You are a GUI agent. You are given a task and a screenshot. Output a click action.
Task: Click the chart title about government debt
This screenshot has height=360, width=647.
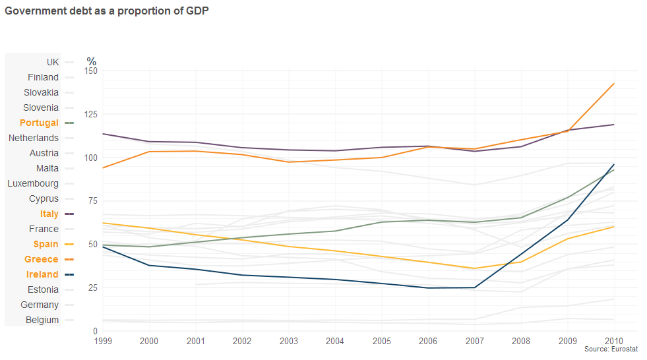click(x=107, y=12)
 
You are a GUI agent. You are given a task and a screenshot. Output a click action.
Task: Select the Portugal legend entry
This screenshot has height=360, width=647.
click(x=39, y=123)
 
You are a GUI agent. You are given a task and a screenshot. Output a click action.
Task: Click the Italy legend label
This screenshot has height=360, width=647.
click(x=49, y=214)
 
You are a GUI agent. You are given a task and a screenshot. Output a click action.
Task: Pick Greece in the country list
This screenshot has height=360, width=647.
click(x=42, y=259)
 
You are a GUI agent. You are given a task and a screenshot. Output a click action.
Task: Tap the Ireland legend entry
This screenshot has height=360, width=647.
click(x=42, y=274)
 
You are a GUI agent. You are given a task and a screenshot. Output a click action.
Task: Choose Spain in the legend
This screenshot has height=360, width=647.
click(x=46, y=244)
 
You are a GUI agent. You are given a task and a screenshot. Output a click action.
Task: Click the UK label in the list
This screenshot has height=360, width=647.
click(x=53, y=62)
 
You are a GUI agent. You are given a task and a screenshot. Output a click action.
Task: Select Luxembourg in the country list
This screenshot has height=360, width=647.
click(x=33, y=183)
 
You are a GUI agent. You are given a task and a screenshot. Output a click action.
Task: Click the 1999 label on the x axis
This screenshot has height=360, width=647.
click(x=103, y=341)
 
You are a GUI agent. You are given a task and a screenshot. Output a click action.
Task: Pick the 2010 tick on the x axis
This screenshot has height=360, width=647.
click(x=614, y=341)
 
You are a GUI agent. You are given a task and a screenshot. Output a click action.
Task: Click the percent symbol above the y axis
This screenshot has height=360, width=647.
click(x=92, y=61)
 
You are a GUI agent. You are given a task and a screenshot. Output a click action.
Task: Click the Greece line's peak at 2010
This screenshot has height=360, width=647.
click(x=614, y=84)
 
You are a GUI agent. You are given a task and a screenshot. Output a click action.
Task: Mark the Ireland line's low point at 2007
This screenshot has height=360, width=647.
click(x=475, y=287)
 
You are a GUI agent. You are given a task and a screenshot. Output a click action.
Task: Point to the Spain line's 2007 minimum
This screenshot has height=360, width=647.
click(x=475, y=268)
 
